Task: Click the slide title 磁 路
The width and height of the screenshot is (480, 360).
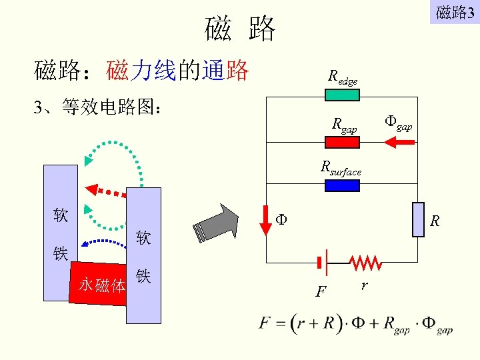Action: click(240, 28)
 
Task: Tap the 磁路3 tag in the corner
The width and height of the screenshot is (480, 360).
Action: click(455, 12)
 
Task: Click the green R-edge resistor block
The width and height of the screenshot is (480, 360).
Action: click(342, 95)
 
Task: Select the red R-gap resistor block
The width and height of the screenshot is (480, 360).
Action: click(342, 141)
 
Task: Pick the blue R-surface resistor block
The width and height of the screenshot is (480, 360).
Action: click(342, 185)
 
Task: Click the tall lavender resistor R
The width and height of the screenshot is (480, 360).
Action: click(418, 219)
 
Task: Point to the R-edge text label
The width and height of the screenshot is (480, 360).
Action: click(343, 77)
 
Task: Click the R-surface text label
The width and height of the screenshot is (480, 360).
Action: click(341, 168)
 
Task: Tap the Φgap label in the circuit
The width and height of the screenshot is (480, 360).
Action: click(398, 122)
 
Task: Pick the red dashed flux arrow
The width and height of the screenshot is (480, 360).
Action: click(106, 190)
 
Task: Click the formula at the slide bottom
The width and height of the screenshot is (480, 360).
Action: click(356, 325)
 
